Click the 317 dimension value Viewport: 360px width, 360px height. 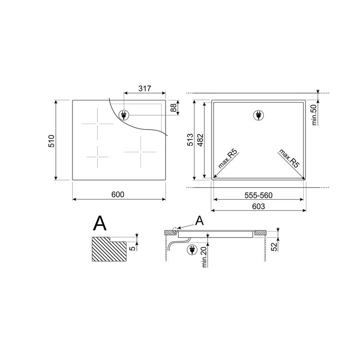pos(144,88)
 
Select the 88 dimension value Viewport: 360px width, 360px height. pos(174,108)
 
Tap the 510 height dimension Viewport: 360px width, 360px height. pos(51,141)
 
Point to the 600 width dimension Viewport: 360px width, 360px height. pos(118,194)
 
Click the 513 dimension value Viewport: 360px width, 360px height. pos(190,140)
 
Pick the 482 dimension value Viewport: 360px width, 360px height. pos(200,140)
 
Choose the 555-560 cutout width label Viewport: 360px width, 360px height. pos(258,195)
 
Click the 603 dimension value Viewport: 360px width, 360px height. pos(258,207)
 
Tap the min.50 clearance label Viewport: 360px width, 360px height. pos(314,115)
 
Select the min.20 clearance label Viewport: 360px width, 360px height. pos(205,256)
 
